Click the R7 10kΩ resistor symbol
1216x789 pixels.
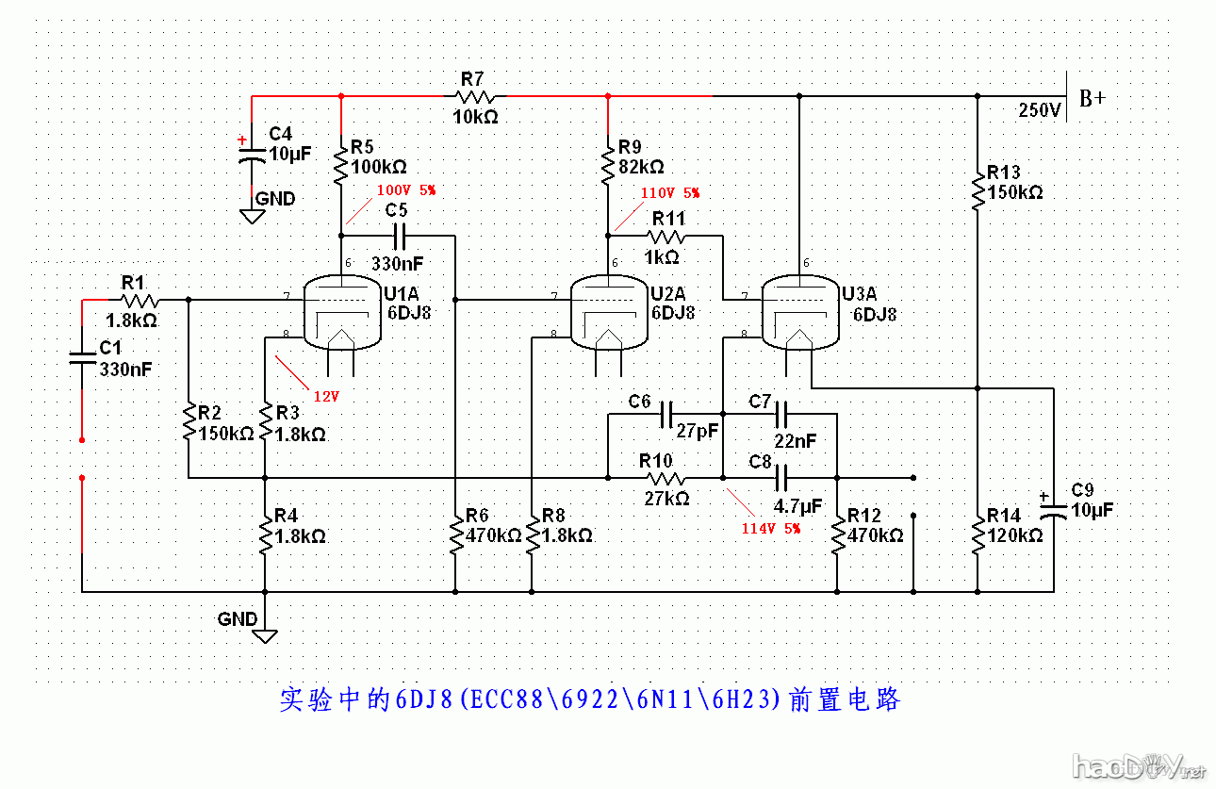[x=475, y=96]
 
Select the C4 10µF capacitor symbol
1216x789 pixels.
[x=251, y=154]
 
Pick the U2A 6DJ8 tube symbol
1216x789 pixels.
[x=608, y=312]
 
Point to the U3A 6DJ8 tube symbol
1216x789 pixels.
[x=798, y=312]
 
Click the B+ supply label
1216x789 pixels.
[x=1093, y=98]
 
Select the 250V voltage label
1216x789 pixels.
[x=1040, y=110]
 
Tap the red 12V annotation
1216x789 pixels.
[x=326, y=396]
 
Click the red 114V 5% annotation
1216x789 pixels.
[x=770, y=529]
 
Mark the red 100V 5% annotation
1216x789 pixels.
[x=406, y=189]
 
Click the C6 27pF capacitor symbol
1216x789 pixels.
[x=666, y=414]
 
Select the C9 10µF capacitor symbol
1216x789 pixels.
[x=1053, y=510]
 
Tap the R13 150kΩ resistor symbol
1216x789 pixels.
[x=978, y=184]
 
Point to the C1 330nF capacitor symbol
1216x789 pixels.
[x=82, y=356]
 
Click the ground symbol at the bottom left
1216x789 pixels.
[x=265, y=634]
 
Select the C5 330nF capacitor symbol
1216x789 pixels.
[x=397, y=236]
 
